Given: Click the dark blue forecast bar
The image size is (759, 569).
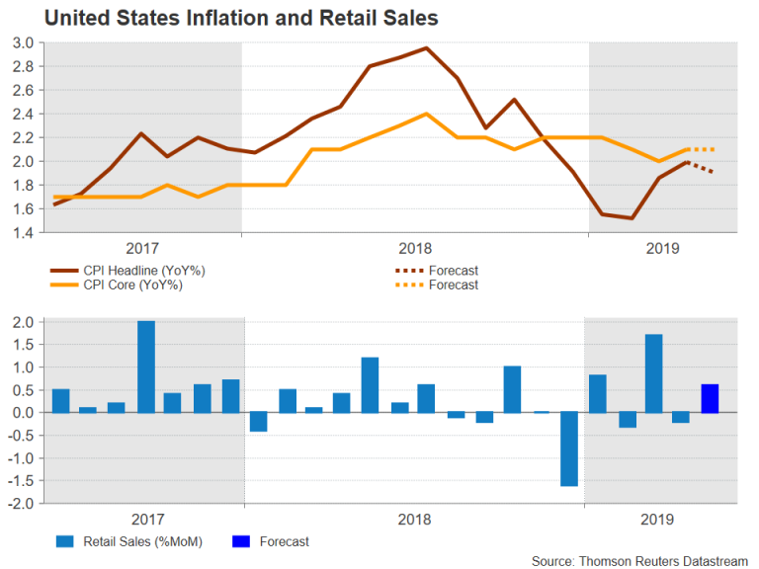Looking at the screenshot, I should coord(710,398).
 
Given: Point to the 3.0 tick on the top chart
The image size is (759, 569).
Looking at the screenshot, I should coord(24,42).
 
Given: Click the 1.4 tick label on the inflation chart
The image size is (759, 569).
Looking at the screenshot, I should coord(24,232).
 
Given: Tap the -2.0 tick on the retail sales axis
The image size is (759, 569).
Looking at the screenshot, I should coord(22,504).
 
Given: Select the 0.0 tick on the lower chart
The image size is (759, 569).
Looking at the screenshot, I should coord(24,413).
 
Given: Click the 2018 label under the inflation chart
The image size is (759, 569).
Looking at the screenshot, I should coord(415,248).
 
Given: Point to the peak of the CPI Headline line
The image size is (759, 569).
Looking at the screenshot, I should coord(425,48).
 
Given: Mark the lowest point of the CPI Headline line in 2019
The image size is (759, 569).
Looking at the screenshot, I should coord(631,217).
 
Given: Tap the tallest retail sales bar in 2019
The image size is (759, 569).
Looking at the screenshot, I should coord(653,373).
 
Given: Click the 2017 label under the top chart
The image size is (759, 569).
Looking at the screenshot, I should coord(144,248).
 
